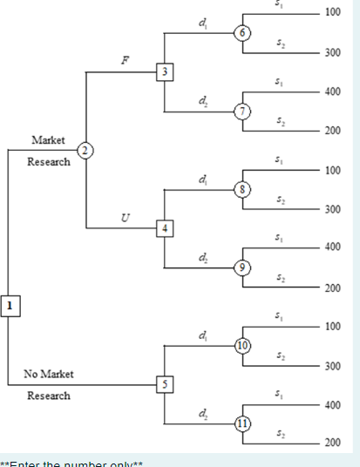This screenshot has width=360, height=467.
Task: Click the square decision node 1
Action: [x=9, y=305]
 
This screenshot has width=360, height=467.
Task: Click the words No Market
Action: [x=49, y=374]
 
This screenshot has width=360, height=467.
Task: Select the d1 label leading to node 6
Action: [x=203, y=23]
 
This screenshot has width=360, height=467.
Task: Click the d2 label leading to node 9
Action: [x=203, y=256]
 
